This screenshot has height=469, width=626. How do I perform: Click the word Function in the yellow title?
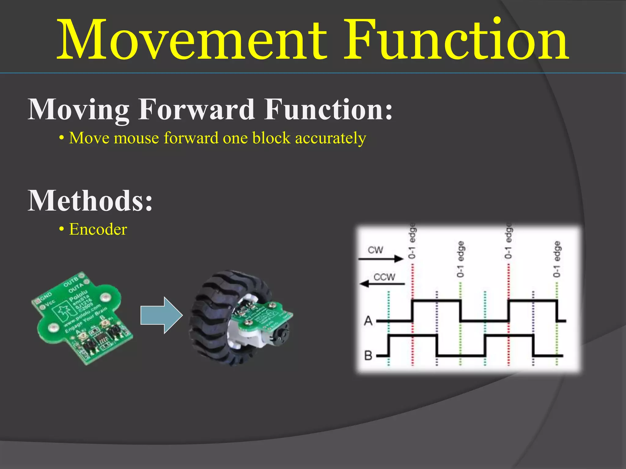455,40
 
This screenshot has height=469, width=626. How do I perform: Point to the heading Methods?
90,201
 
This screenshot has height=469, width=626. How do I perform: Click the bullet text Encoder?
98,230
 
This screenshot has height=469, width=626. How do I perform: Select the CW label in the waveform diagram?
375,250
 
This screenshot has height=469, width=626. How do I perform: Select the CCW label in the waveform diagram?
384,277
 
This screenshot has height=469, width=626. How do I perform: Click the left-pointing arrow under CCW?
382,284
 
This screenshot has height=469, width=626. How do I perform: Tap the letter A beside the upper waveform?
369,321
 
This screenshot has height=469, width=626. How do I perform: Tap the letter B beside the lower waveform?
369,356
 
